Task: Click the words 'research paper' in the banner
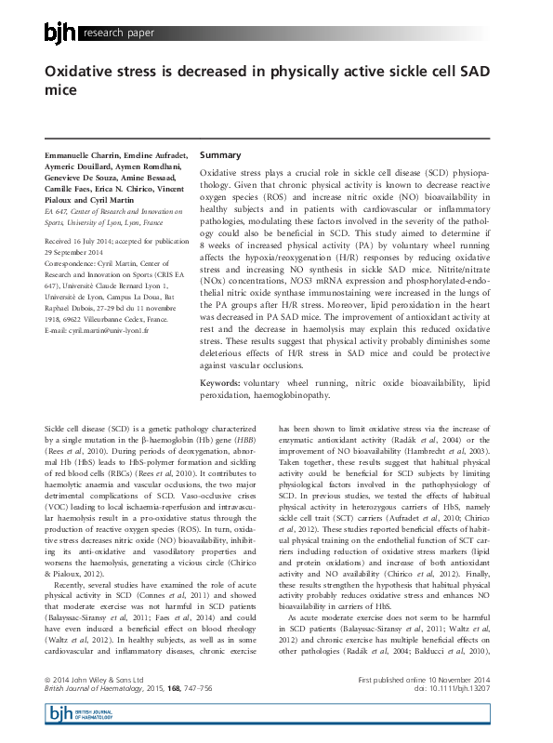pyautogui.click(x=118, y=34)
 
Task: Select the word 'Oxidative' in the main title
pyautogui.click(x=86, y=73)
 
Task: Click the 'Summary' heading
pyautogui.click(x=220, y=154)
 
